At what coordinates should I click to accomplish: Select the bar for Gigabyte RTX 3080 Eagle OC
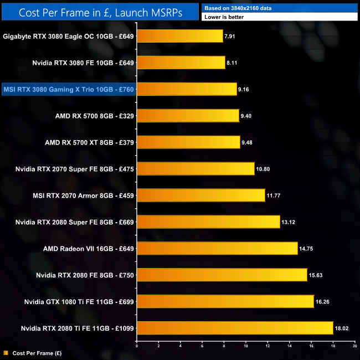click(x=179, y=36)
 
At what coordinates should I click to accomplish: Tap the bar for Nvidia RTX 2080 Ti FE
click(x=235, y=328)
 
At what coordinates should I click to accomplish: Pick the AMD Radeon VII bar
click(x=217, y=248)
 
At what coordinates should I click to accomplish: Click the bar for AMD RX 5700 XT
click(x=188, y=142)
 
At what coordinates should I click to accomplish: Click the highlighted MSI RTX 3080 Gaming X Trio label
click(x=69, y=89)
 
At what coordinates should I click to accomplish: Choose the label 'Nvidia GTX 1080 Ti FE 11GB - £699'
click(x=78, y=302)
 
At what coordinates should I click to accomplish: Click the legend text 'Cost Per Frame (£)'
click(x=38, y=352)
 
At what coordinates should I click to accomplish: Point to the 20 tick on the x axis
click(x=354, y=346)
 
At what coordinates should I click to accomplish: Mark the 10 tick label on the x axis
click(x=245, y=346)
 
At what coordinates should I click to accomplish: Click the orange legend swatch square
click(x=5, y=352)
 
